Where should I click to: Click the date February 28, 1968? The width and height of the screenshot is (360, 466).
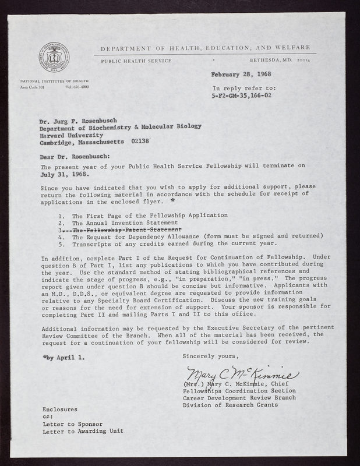pyautogui.click(x=240, y=76)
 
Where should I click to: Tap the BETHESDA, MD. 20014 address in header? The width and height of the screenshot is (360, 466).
pyautogui.click(x=281, y=61)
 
